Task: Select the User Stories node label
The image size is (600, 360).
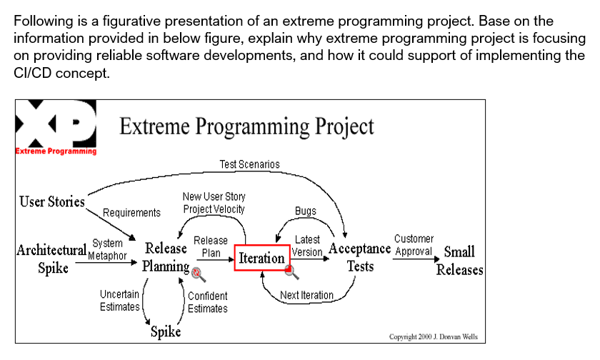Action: tap(52, 201)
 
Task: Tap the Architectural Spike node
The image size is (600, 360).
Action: tap(51, 259)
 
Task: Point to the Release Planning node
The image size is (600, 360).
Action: tap(166, 257)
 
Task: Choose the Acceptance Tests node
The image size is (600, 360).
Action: tap(360, 257)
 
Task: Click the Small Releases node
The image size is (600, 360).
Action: tap(459, 261)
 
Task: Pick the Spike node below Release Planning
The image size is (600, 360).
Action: tap(166, 331)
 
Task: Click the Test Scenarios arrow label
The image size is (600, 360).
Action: tap(249, 164)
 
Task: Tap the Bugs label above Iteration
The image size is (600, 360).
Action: tap(306, 211)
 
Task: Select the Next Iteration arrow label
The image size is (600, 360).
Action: tap(307, 295)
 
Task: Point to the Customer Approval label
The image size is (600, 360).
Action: tap(414, 245)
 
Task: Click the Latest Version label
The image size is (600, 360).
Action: tap(307, 246)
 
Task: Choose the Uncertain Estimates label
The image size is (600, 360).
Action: tap(120, 300)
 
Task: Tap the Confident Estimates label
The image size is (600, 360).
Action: tap(208, 302)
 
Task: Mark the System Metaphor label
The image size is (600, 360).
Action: tap(107, 249)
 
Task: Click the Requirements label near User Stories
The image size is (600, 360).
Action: tap(131, 213)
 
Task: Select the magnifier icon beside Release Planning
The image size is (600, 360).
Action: tap(199, 274)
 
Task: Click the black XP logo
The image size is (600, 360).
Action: tap(56, 124)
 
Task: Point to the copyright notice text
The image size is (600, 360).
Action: tap(434, 336)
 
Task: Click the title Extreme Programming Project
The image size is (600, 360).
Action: tap(247, 126)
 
